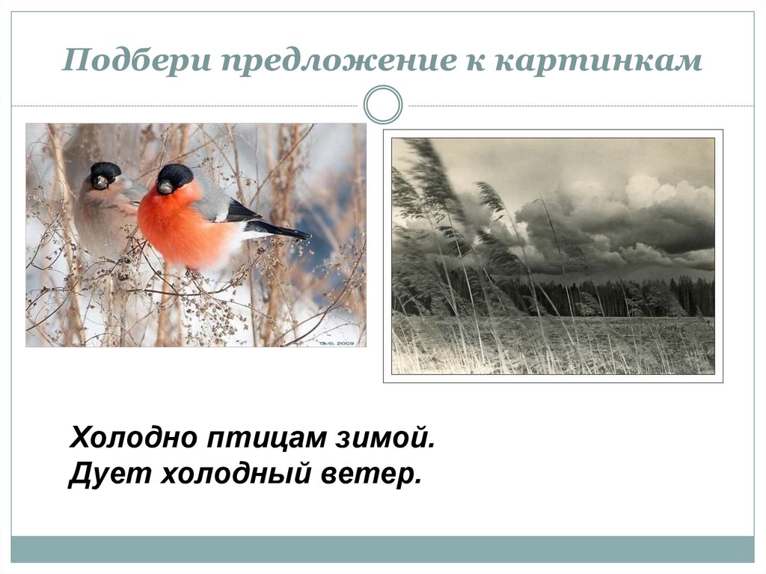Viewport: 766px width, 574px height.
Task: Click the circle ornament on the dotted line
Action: point(383,105)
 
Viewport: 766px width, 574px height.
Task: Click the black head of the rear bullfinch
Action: point(105,173)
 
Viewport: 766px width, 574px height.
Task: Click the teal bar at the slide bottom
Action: point(382,549)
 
